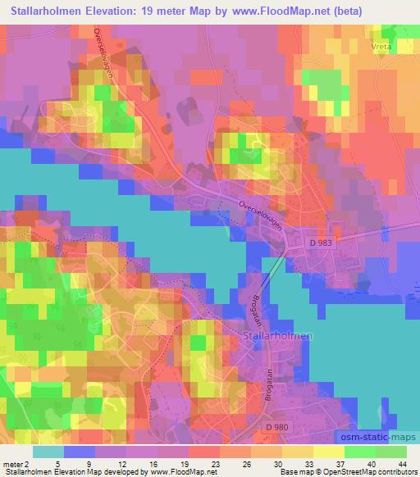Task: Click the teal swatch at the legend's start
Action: (x=48, y=452)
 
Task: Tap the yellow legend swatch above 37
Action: (x=328, y=452)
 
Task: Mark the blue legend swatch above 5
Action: (x=79, y=452)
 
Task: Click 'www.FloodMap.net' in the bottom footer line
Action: (x=176, y=472)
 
